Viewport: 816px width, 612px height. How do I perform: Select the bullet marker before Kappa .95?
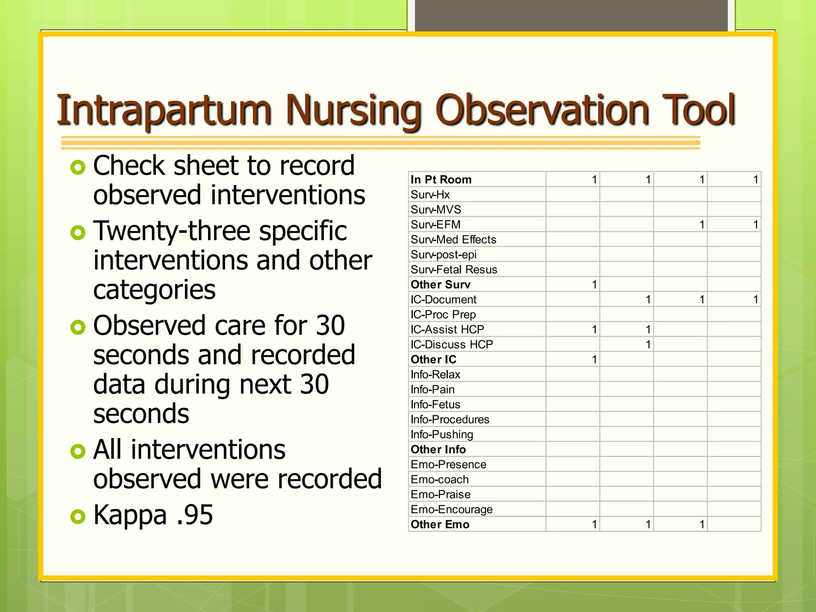point(78,516)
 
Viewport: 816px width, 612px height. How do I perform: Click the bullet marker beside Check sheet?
point(78,167)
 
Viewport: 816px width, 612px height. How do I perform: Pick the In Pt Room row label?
point(441,180)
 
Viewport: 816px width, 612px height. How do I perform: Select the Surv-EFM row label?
point(435,225)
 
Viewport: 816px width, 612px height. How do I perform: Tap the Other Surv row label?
point(440,284)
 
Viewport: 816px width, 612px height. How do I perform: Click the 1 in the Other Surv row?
point(594,284)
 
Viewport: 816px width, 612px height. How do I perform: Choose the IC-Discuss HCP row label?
point(451,345)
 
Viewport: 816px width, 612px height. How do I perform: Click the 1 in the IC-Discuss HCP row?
point(648,345)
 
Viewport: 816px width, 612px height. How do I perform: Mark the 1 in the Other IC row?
point(594,359)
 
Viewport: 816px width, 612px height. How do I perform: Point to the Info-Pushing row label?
point(441,434)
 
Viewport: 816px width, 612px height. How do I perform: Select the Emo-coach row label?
point(439,479)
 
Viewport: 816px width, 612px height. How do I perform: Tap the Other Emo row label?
point(440,524)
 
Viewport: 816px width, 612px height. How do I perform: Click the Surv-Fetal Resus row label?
point(454,270)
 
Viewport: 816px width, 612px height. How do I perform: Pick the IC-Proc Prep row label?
point(443,315)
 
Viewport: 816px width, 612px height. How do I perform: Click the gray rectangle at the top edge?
point(571,15)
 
